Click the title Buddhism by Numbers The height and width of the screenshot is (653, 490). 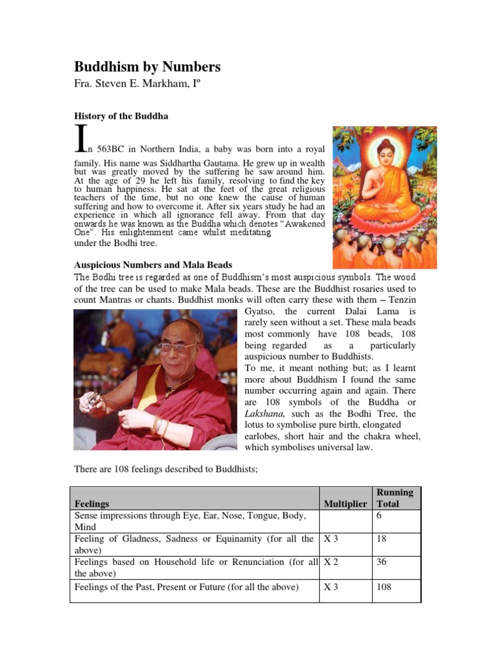click(147, 67)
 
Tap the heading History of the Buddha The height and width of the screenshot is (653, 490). click(122, 116)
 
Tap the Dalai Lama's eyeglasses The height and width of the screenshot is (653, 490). click(177, 348)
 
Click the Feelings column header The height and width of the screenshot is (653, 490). click(92, 504)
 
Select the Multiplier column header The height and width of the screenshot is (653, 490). click(345, 504)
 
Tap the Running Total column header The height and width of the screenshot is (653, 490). click(395, 498)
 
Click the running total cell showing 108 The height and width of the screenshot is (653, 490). click(384, 587)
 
